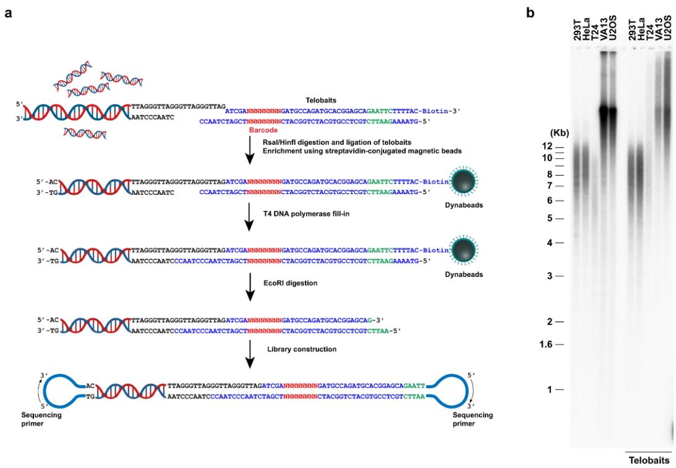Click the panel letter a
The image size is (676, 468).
click(x=8, y=12)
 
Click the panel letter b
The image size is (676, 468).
click(x=530, y=12)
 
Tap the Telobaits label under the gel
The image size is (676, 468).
click(x=649, y=461)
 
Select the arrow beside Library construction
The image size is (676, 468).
click(x=249, y=355)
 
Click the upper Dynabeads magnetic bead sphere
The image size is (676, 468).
click(x=465, y=180)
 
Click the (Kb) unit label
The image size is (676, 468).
click(x=559, y=133)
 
